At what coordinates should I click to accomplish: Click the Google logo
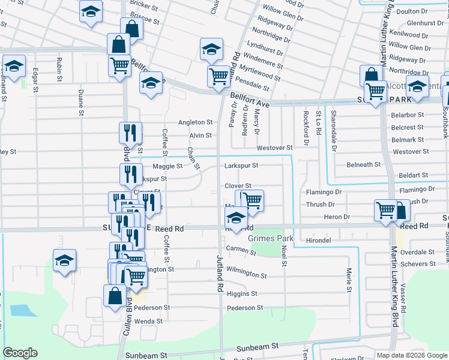point(20,353)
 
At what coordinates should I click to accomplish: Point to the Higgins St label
point(242,293)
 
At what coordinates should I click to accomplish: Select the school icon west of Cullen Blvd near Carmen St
point(64,260)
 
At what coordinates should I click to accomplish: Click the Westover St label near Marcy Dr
point(274,148)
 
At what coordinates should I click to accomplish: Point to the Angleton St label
point(195,122)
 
